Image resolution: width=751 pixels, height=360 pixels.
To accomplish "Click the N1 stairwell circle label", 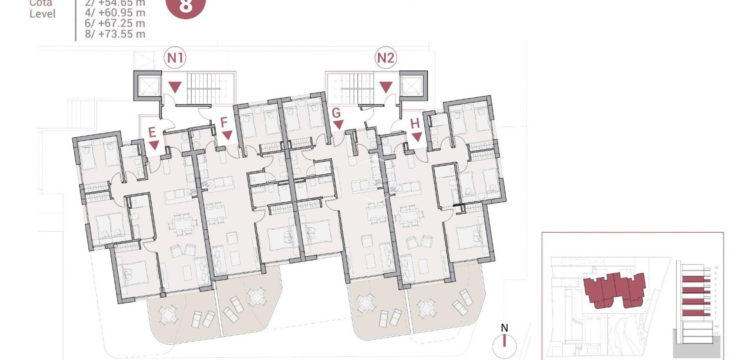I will pyautogui.click(x=175, y=58).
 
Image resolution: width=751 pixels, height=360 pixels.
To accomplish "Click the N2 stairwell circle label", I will pyautogui.click(x=385, y=58).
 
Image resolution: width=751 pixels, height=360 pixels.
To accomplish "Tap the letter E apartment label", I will pyautogui.click(x=152, y=132).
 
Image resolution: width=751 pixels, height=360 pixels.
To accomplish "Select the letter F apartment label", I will pyautogui.click(x=224, y=122).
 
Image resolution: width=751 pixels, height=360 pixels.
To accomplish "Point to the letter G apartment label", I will pyautogui.click(x=336, y=113).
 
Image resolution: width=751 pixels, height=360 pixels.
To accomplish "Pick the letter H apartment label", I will pyautogui.click(x=415, y=124).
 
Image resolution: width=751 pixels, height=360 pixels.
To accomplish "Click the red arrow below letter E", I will pyautogui.click(x=154, y=145).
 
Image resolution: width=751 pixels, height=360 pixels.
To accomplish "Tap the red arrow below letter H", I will pyautogui.click(x=417, y=137).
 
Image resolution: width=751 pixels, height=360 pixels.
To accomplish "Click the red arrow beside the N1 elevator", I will pyautogui.click(x=175, y=87).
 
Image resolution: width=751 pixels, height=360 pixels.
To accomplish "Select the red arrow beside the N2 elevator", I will pyautogui.click(x=386, y=87).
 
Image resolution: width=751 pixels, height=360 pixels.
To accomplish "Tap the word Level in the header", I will pyautogui.click(x=43, y=14).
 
